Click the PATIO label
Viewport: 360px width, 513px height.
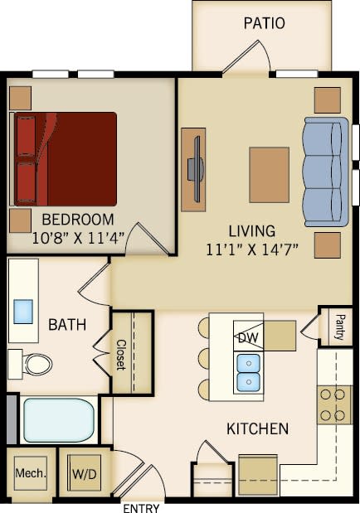point(265,23)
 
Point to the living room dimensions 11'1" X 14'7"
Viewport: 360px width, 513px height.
point(252,248)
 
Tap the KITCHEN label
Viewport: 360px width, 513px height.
point(257,428)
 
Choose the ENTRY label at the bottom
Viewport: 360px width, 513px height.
point(141,507)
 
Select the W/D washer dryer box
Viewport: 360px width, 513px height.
point(83,475)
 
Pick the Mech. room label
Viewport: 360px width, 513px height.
point(31,474)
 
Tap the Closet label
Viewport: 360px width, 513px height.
point(121,354)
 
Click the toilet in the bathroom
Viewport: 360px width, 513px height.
point(33,363)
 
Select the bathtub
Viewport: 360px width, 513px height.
point(58,420)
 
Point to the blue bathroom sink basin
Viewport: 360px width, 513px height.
point(23,311)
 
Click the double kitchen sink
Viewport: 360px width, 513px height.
point(248,372)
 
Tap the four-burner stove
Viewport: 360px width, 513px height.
point(334,404)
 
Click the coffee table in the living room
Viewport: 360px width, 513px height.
point(269,174)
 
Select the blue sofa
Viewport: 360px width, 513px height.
point(325,172)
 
